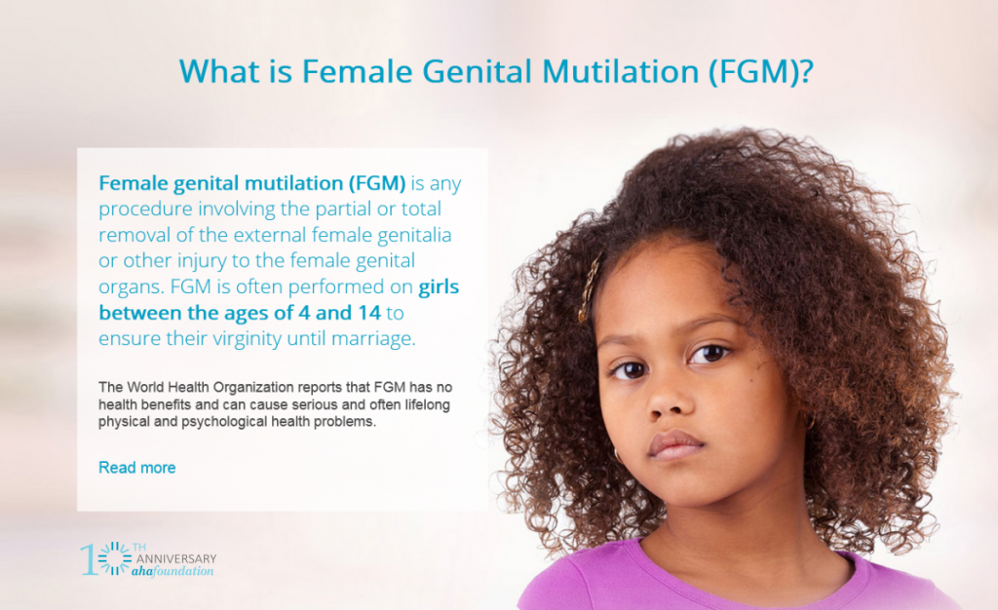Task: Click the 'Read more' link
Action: tap(137, 468)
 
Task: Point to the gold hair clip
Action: tap(591, 288)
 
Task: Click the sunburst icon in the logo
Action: tap(115, 558)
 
